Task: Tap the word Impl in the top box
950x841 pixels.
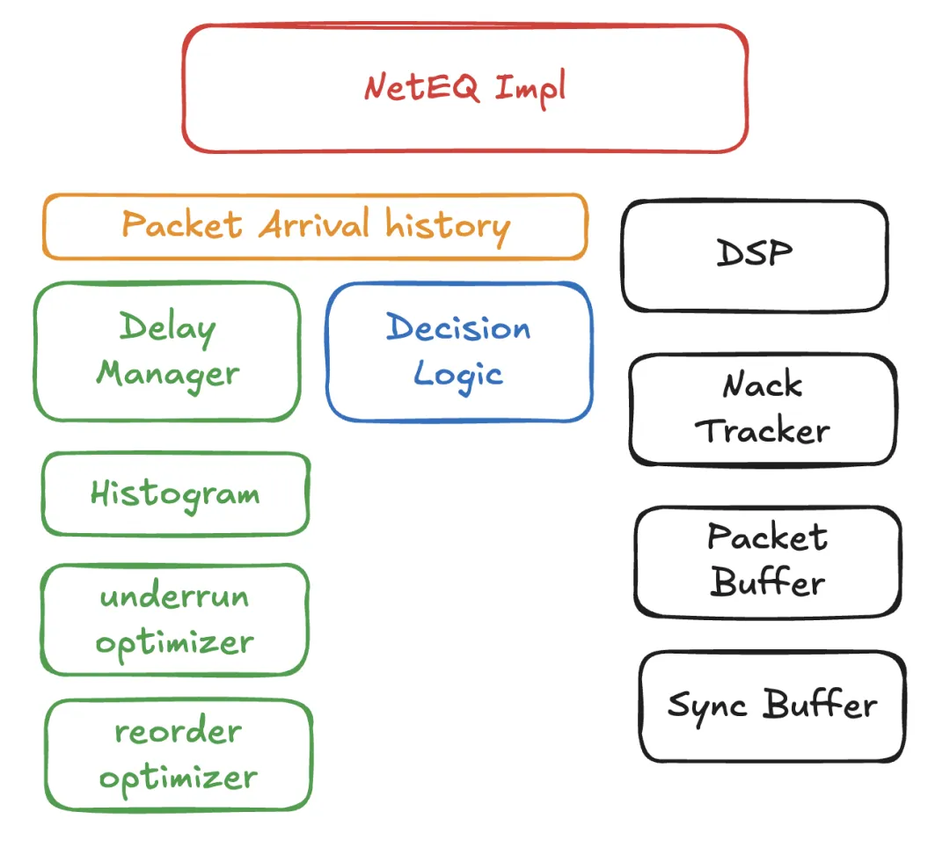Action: point(530,90)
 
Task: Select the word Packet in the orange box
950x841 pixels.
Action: point(182,224)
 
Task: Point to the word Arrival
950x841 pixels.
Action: point(314,226)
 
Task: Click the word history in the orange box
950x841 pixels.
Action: point(448,226)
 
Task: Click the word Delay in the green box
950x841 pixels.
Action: point(167,328)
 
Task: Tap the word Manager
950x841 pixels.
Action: point(167,374)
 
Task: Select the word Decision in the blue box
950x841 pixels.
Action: point(458,328)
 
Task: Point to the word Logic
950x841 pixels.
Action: point(458,375)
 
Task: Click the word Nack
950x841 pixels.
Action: point(763,385)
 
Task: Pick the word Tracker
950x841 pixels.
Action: point(763,431)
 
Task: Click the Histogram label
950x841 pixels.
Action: point(175,494)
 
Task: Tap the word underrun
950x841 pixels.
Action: point(174,596)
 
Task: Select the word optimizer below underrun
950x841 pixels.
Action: point(174,643)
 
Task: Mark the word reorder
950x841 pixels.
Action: point(178,732)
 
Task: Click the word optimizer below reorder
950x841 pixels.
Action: point(178,778)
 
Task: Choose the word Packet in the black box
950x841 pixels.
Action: point(767,537)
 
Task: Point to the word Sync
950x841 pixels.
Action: point(707,706)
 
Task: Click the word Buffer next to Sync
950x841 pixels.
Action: point(820,706)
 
